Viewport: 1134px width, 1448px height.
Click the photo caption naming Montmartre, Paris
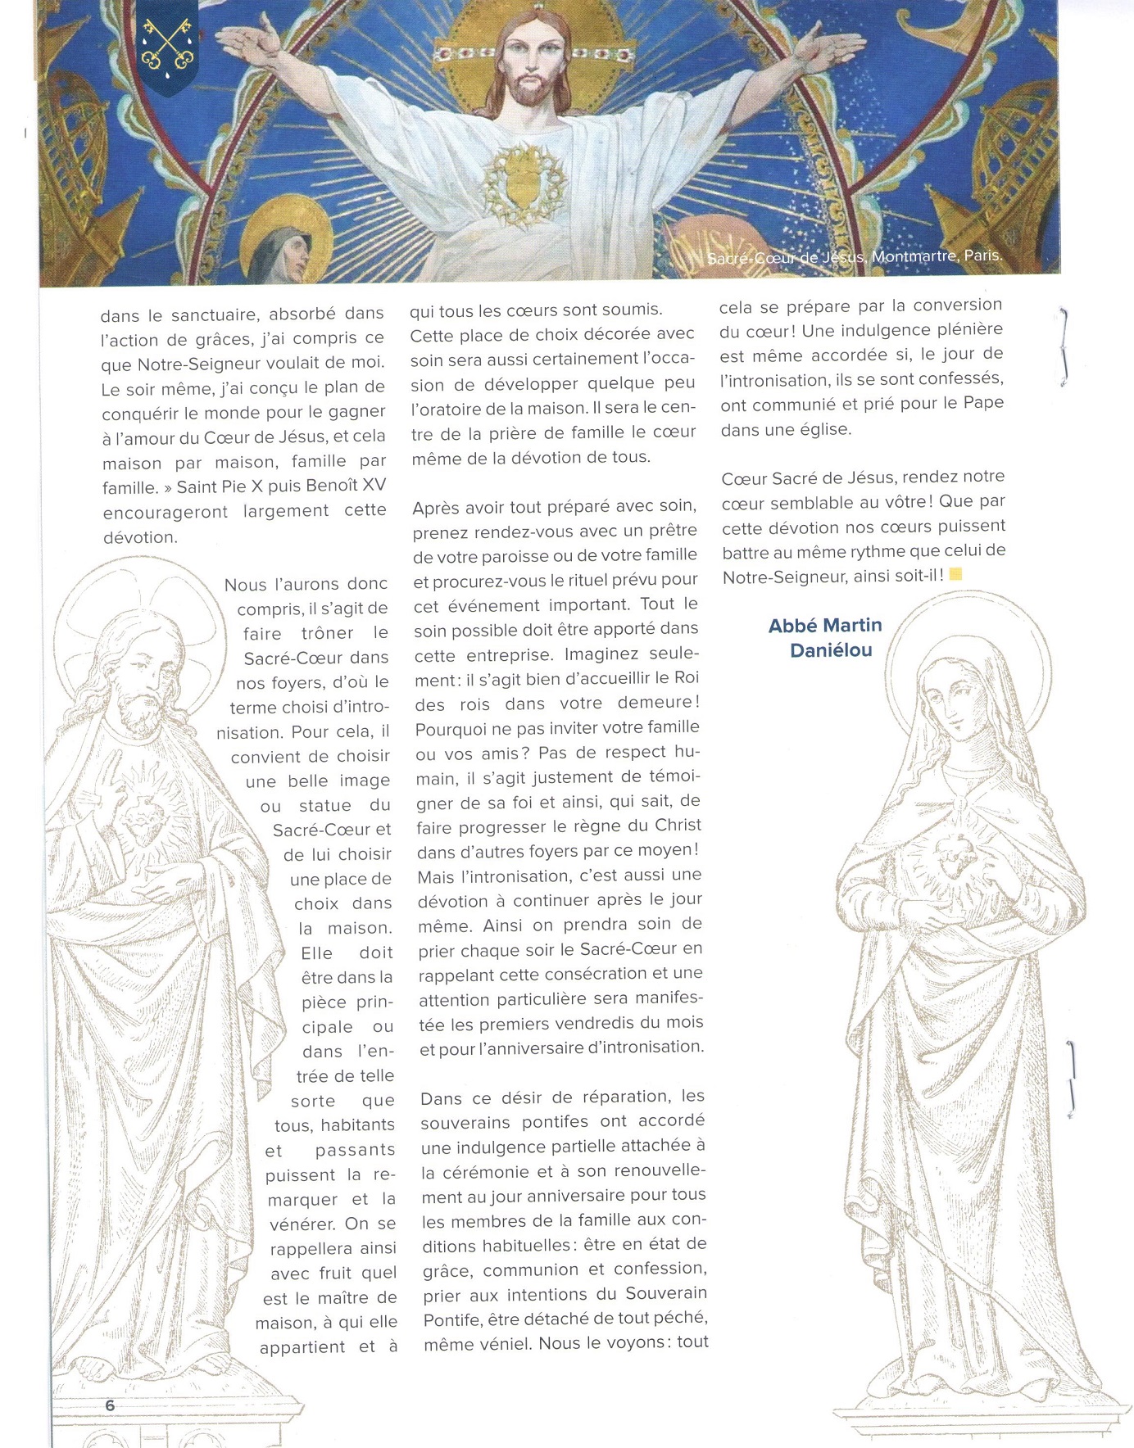854,256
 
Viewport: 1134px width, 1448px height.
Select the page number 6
110,1405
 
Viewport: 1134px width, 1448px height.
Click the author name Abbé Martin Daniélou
824,638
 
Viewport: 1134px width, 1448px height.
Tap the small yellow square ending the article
955,575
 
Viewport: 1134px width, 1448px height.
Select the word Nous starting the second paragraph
245,585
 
